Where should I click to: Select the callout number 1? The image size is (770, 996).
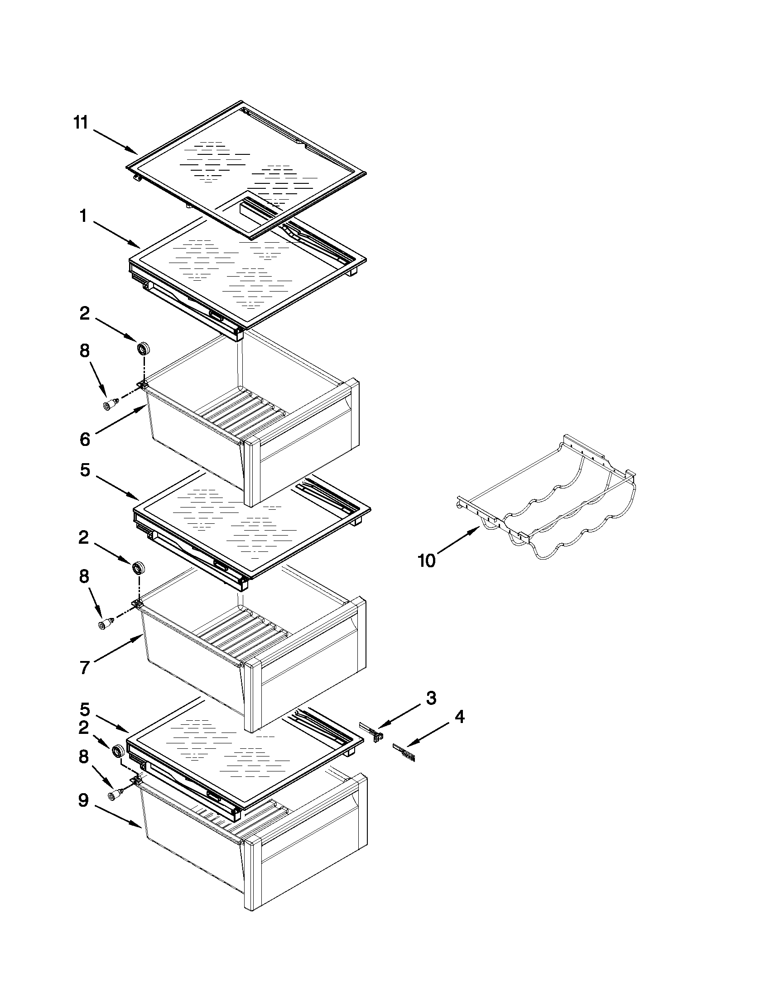point(83,215)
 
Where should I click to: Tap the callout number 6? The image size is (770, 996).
point(85,439)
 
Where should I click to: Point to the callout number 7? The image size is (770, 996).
point(84,668)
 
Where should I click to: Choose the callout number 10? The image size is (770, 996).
point(427,560)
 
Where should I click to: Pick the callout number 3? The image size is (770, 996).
point(431,698)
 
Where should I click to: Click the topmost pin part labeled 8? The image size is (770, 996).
point(110,405)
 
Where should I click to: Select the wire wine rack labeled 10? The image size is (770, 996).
point(548,502)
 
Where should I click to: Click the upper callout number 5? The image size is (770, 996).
point(85,470)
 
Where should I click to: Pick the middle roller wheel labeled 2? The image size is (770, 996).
point(139,568)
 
